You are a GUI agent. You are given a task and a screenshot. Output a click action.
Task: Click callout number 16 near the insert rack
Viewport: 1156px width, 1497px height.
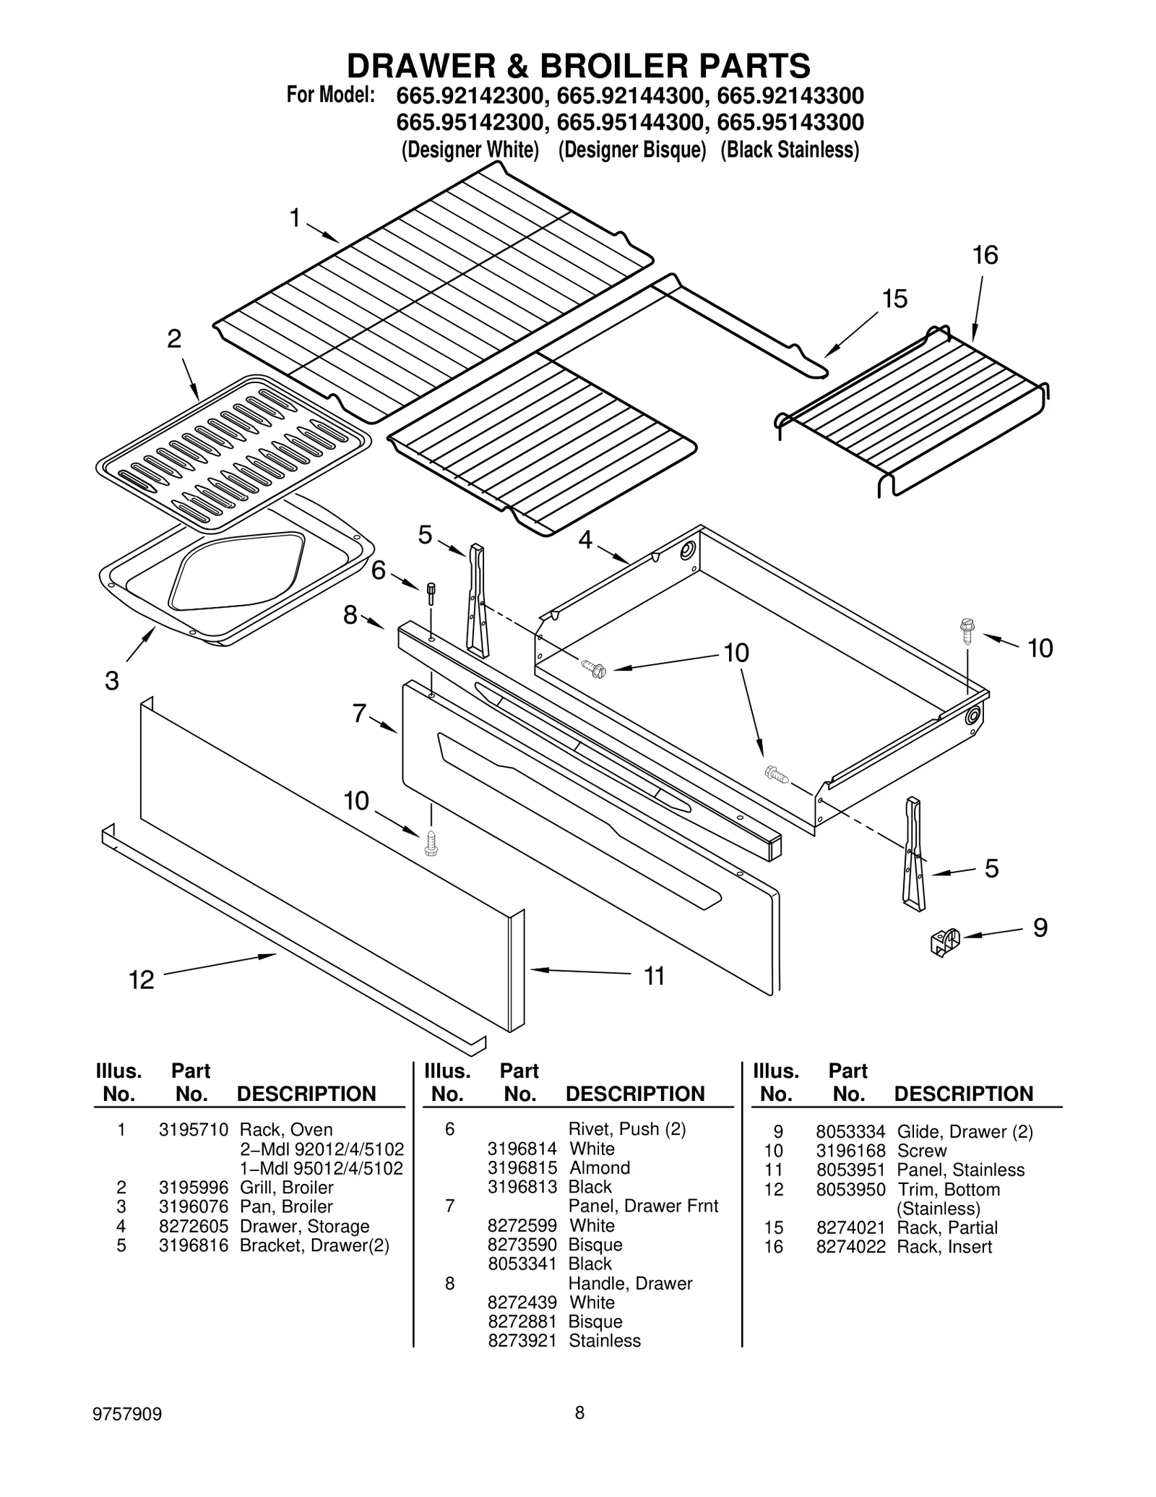(x=985, y=255)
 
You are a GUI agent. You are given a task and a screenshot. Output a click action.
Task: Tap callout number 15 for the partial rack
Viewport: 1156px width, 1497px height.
(x=894, y=299)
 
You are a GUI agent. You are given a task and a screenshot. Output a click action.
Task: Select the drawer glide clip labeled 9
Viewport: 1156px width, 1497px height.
(x=944, y=942)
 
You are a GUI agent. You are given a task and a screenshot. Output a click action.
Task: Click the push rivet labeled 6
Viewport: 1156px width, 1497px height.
(x=431, y=593)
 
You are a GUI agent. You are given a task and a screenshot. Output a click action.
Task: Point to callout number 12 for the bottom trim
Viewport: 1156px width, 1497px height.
(x=142, y=980)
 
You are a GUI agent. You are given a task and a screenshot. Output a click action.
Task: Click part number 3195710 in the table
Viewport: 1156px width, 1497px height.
(x=193, y=1130)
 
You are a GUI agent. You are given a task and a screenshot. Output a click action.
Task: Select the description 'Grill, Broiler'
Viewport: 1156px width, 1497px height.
(x=286, y=1187)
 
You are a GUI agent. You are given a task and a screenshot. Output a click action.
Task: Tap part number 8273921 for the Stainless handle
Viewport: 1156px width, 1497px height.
(x=522, y=1340)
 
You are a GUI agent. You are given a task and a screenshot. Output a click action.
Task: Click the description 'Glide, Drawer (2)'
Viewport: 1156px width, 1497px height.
(x=965, y=1132)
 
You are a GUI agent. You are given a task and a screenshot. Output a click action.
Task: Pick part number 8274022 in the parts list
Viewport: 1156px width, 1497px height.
(x=850, y=1246)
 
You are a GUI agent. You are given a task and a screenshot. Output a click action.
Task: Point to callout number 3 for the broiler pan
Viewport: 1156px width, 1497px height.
(x=111, y=680)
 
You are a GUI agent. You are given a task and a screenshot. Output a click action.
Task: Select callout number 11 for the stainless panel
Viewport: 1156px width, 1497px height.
(x=654, y=977)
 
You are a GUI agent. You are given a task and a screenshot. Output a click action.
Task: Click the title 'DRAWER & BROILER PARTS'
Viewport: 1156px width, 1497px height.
(x=578, y=67)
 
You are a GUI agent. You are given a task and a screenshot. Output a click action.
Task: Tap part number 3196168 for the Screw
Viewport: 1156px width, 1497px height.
(x=850, y=1151)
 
